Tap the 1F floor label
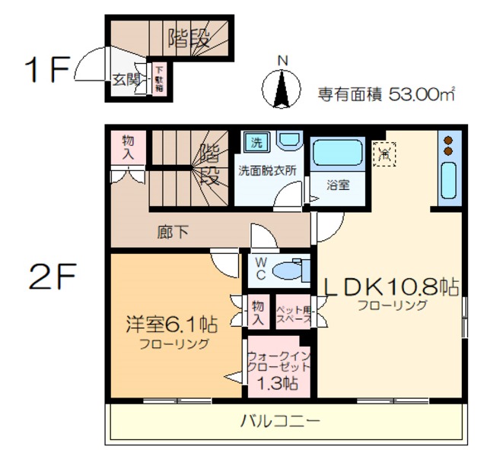click(46, 69)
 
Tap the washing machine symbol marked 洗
click(256, 143)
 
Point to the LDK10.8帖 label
click(391, 286)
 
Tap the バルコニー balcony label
click(281, 419)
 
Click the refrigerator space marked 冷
click(384, 153)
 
